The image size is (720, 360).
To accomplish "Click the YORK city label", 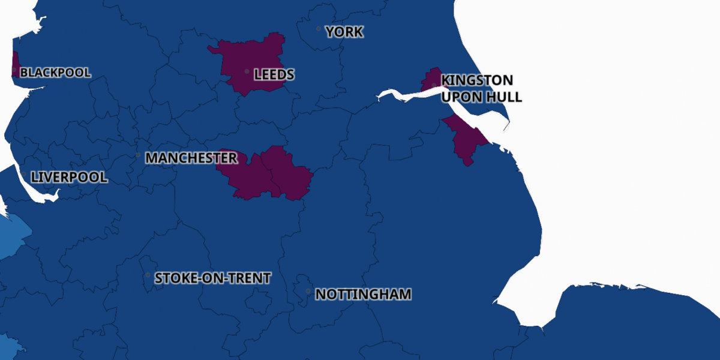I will [344, 32].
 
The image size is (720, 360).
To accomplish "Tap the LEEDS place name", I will [274, 75].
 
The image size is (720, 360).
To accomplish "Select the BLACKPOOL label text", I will [55, 73].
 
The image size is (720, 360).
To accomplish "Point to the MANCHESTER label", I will [191, 158].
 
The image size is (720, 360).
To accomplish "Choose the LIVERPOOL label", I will [69, 178].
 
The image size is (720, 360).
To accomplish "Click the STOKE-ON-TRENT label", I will [212, 278].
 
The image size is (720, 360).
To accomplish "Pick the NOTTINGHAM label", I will [363, 295].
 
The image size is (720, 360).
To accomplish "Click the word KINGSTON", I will [477, 80].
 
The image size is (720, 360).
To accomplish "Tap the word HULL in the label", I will [505, 97].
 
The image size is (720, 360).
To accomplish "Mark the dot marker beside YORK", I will [319, 29].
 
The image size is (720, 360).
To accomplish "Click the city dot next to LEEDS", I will [247, 71].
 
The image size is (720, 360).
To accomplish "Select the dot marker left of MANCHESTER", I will [138, 155].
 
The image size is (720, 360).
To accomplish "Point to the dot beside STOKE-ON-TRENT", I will [148, 275].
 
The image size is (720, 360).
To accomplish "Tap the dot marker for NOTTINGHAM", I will [308, 292].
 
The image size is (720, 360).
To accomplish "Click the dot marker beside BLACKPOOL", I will [14, 70].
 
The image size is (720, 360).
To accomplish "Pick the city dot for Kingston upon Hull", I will [434, 85].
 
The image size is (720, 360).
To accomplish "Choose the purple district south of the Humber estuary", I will [466, 138].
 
